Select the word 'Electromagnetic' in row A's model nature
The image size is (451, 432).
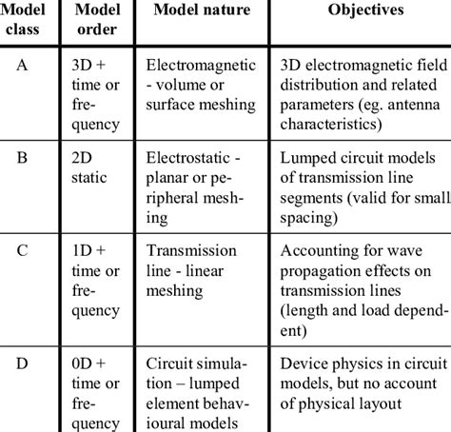(x=197, y=67)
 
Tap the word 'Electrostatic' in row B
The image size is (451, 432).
(x=188, y=160)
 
